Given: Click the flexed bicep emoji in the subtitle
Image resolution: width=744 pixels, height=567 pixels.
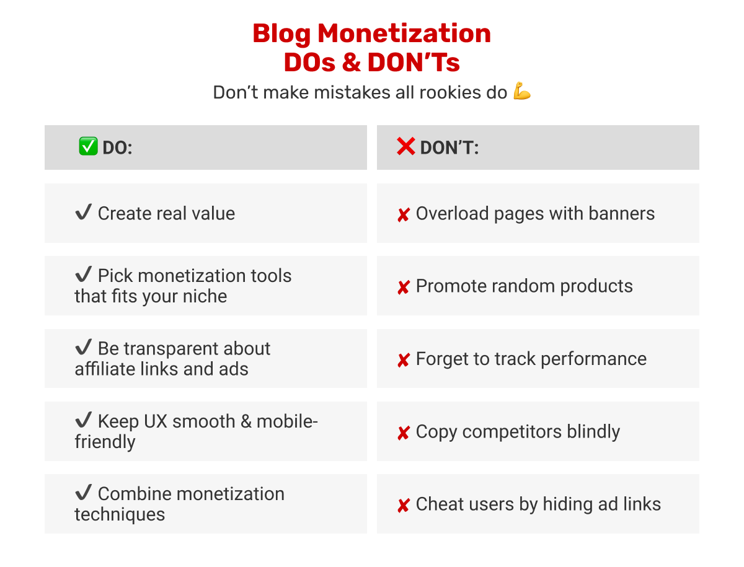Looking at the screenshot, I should pos(522,92).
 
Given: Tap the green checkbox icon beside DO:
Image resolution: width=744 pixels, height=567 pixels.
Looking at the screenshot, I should pos(88,147).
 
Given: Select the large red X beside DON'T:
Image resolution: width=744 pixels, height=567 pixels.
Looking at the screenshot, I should pos(405,147).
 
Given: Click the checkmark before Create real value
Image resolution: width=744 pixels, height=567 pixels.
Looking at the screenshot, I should pos(83,213).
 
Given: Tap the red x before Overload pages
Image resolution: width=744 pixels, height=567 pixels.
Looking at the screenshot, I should pos(403,215).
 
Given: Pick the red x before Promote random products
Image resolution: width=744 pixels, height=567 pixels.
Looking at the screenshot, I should pos(403,288).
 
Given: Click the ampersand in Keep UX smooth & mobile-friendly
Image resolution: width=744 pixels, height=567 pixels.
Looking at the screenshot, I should pos(246,421).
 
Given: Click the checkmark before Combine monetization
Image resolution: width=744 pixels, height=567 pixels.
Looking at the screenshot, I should pos(83,493).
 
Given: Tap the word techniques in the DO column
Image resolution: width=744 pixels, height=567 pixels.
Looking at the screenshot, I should pos(120,514).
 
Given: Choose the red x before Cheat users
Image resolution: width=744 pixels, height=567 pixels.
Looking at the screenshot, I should pos(403,506).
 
